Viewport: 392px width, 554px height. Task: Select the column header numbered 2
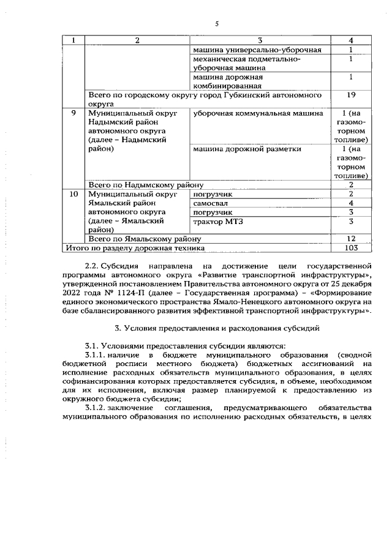coord(137,40)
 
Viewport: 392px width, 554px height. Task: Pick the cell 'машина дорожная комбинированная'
coord(228,82)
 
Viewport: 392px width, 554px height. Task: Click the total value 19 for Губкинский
coord(351,95)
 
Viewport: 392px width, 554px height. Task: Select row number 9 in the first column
coord(73,113)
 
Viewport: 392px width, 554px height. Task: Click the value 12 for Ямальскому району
coord(351,238)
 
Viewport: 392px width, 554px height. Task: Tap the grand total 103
coord(351,247)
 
